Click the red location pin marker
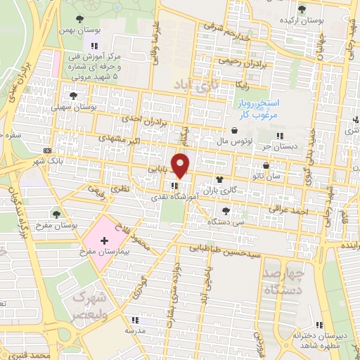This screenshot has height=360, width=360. (x=181, y=165)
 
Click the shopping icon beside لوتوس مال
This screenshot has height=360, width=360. (x=233, y=129)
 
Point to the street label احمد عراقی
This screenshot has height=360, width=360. (x=288, y=210)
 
